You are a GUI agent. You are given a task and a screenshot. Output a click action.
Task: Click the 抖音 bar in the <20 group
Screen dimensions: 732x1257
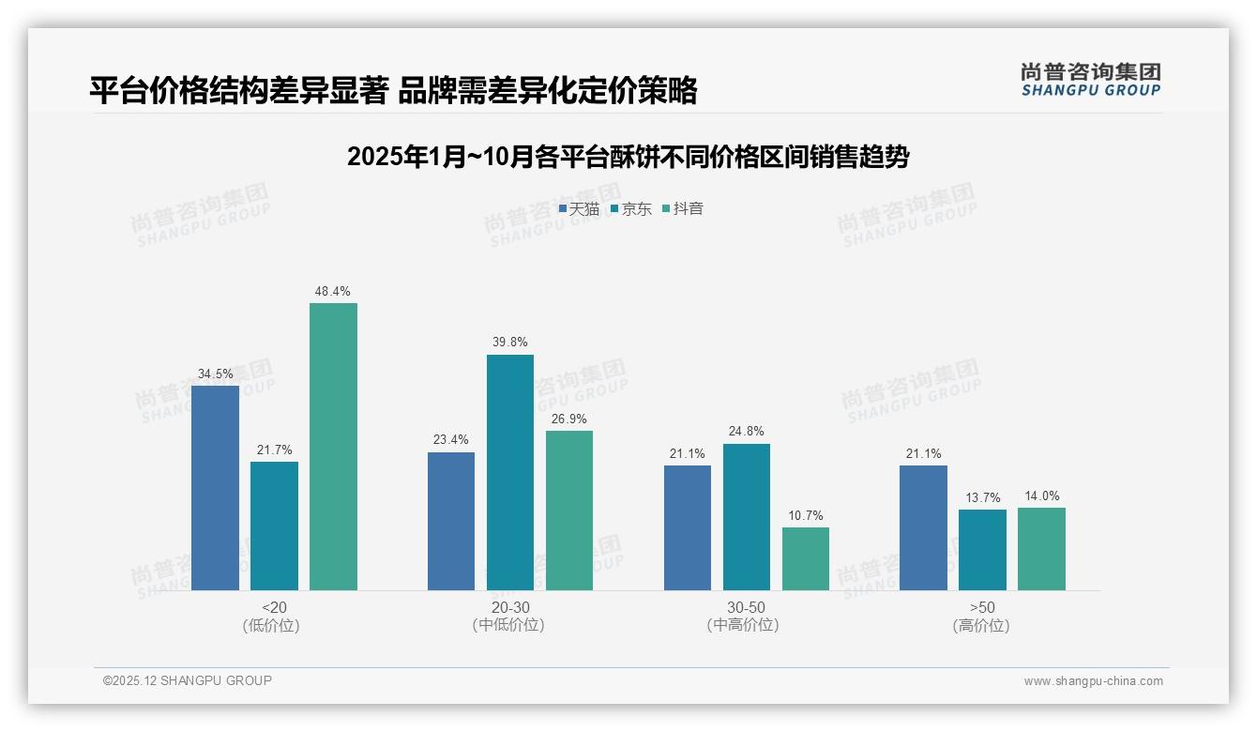click(333, 447)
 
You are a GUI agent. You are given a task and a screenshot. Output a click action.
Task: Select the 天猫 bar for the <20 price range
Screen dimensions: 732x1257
click(215, 488)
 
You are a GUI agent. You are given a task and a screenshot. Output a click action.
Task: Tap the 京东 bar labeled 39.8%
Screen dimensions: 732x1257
click(509, 472)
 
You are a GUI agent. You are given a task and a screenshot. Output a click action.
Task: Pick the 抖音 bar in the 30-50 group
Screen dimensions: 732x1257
click(806, 558)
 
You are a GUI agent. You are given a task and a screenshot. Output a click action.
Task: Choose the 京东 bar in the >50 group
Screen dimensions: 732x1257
click(982, 550)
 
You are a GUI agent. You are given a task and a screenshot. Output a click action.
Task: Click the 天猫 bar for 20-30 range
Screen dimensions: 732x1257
click(451, 521)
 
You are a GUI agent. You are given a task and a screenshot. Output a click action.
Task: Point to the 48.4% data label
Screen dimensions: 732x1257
click(333, 292)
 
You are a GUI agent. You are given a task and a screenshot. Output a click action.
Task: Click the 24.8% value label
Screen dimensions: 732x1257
click(746, 432)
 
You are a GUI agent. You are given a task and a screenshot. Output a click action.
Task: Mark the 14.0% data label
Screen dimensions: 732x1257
click(1041, 496)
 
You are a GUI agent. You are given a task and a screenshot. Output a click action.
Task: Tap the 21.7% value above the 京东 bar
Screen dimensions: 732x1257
click(274, 450)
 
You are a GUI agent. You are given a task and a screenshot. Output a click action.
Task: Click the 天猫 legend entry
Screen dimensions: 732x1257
click(579, 209)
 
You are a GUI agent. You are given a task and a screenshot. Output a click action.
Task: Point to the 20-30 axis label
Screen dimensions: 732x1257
click(509, 607)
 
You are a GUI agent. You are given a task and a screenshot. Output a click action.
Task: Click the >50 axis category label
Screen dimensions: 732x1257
click(982, 607)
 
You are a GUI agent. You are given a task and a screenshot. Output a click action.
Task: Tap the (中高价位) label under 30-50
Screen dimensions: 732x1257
click(746, 625)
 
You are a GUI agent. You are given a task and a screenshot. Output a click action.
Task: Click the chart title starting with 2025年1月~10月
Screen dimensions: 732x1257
click(628, 157)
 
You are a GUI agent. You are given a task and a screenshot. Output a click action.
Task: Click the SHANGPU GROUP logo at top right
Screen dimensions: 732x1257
click(1090, 80)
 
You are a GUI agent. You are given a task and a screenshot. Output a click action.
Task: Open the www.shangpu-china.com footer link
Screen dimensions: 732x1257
click(1093, 681)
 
